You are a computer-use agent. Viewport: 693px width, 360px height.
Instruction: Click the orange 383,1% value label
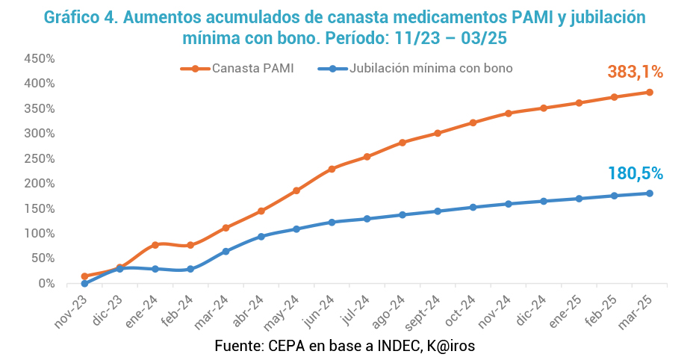coord(635,72)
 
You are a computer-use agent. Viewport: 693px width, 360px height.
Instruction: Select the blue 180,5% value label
coord(635,173)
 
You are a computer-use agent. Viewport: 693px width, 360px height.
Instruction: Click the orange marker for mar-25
coord(650,93)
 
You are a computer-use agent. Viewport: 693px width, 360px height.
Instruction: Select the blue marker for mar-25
coord(650,193)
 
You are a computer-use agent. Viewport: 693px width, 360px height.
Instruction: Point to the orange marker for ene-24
coord(155,245)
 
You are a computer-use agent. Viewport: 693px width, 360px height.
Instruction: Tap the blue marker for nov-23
coord(84,284)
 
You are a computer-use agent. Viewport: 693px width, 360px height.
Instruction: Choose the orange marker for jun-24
coord(332,169)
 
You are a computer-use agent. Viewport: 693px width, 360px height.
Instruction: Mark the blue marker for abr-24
coord(261,237)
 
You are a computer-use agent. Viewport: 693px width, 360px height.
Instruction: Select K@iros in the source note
coord(450,346)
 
